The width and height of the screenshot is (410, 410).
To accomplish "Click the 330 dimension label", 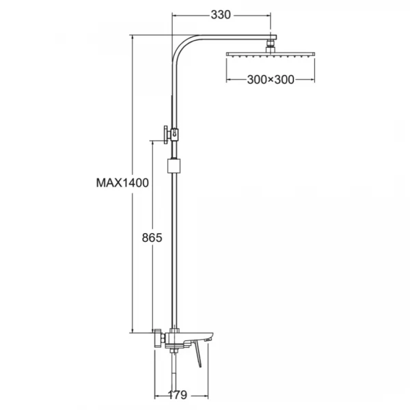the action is (x=221, y=15).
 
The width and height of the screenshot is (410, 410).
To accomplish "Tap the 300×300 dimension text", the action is (x=271, y=79).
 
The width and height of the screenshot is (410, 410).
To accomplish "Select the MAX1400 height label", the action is (x=122, y=182).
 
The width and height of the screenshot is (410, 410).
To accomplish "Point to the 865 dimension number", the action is (x=152, y=238).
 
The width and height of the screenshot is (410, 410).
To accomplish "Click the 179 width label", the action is (x=177, y=394).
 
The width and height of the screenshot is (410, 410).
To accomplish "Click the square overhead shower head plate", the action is (x=271, y=55).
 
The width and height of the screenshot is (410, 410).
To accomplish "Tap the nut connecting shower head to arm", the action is (x=271, y=46).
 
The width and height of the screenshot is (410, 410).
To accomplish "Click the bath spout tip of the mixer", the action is (x=208, y=339).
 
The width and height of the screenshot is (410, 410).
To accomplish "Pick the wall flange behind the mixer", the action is (x=158, y=338).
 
